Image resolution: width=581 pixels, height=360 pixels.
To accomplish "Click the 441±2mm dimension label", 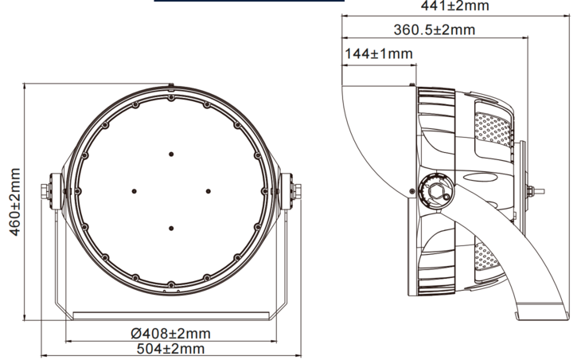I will click(x=443, y=6).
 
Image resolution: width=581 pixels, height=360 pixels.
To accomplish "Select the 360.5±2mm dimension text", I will click(x=434, y=30).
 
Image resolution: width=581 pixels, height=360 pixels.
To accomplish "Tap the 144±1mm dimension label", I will click(x=379, y=54).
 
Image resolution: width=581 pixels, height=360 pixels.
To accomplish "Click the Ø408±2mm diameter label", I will click(x=170, y=333).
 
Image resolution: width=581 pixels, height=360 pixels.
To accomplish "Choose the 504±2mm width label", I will click(x=170, y=349).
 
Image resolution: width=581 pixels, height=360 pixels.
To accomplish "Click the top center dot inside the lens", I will click(x=171, y=153).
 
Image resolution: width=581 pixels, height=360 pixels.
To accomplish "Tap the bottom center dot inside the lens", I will click(x=171, y=228).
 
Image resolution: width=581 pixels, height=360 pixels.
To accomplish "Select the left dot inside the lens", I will click(x=134, y=190).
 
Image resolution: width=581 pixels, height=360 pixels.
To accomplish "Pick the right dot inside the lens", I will click(x=209, y=190).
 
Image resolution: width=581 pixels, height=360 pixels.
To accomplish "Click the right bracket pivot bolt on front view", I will click(x=295, y=190).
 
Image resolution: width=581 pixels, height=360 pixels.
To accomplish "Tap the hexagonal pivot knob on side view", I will click(x=436, y=191).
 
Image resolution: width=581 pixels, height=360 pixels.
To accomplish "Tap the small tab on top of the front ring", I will click(x=171, y=82).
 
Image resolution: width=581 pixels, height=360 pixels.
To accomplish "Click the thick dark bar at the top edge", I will click(x=248, y=2).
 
